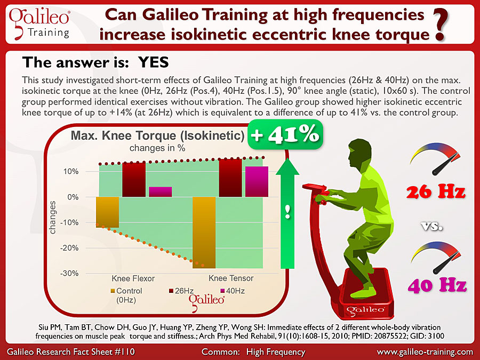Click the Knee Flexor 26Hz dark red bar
pyautogui.click(x=134, y=180)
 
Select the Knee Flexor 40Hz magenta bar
pyautogui.click(x=161, y=191)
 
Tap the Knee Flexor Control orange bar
pyautogui.click(x=107, y=212)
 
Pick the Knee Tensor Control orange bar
pyautogui.click(x=204, y=233)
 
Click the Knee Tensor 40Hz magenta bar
pyautogui.click(x=257, y=181)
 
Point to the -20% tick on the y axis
pyautogui.click(x=69, y=248)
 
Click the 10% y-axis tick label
pyautogui.click(x=71, y=171)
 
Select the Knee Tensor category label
pyautogui.click(x=231, y=278)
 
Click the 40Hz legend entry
pyautogui.click(x=233, y=291)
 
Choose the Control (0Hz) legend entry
pyautogui.click(x=126, y=295)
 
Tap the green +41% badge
pyautogui.click(x=285, y=134)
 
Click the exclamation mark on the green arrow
pyautogui.click(x=287, y=212)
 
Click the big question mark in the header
pyautogui.click(x=441, y=25)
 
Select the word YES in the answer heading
pyautogui.click(x=154, y=62)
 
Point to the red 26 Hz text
pyautogui.click(x=436, y=192)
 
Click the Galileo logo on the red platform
pyautogui.click(x=365, y=310)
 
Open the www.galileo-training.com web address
pyautogui.click(x=425, y=352)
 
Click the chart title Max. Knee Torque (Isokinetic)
pyautogui.click(x=158, y=135)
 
